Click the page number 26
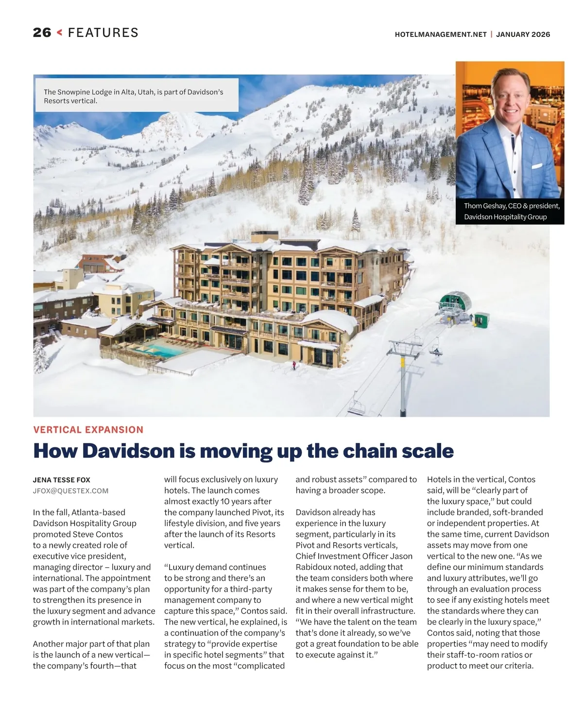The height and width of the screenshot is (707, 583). click(x=42, y=33)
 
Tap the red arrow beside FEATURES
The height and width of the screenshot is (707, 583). click(x=60, y=33)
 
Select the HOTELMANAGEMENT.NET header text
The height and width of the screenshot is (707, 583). click(x=440, y=35)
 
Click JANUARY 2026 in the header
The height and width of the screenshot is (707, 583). click(x=523, y=35)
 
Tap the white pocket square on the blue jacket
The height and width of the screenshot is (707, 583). click(x=536, y=166)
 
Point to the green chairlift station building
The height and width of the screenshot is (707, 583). click(x=455, y=302)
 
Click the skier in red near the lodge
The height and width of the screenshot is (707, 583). click(x=293, y=364)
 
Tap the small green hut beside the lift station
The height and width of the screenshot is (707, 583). click(x=482, y=319)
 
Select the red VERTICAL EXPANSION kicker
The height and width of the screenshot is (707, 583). click(x=88, y=430)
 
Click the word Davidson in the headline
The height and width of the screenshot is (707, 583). click(x=129, y=451)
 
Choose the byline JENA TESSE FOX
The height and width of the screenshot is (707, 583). click(x=62, y=480)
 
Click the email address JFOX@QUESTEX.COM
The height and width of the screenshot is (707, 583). click(x=71, y=491)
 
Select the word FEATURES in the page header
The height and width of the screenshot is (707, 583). click(x=103, y=33)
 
